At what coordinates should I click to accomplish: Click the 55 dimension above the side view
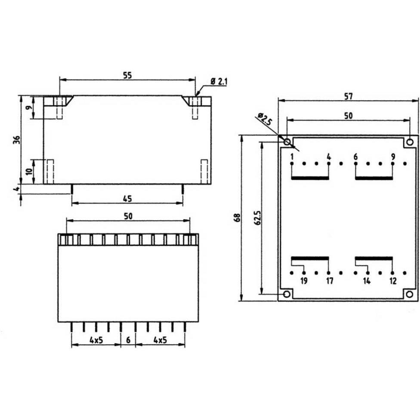click(x=127, y=75)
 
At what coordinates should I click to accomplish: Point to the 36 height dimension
click(x=16, y=139)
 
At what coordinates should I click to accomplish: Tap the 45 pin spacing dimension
click(x=127, y=198)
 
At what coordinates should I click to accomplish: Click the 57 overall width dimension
click(x=348, y=96)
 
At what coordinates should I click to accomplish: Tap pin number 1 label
click(x=292, y=157)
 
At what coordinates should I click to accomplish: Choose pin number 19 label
click(x=304, y=281)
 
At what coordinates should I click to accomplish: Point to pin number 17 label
click(x=329, y=281)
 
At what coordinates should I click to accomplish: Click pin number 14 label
click(x=367, y=281)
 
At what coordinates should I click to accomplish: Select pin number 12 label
click(x=392, y=281)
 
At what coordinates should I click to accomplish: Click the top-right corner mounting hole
click(x=410, y=142)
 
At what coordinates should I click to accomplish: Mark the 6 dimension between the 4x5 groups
click(x=128, y=340)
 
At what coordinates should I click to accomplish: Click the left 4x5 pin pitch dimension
click(x=96, y=340)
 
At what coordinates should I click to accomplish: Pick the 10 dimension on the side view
click(x=28, y=171)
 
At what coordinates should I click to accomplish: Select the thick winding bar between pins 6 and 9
click(x=374, y=178)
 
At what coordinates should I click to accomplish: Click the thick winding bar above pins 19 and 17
click(x=310, y=259)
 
